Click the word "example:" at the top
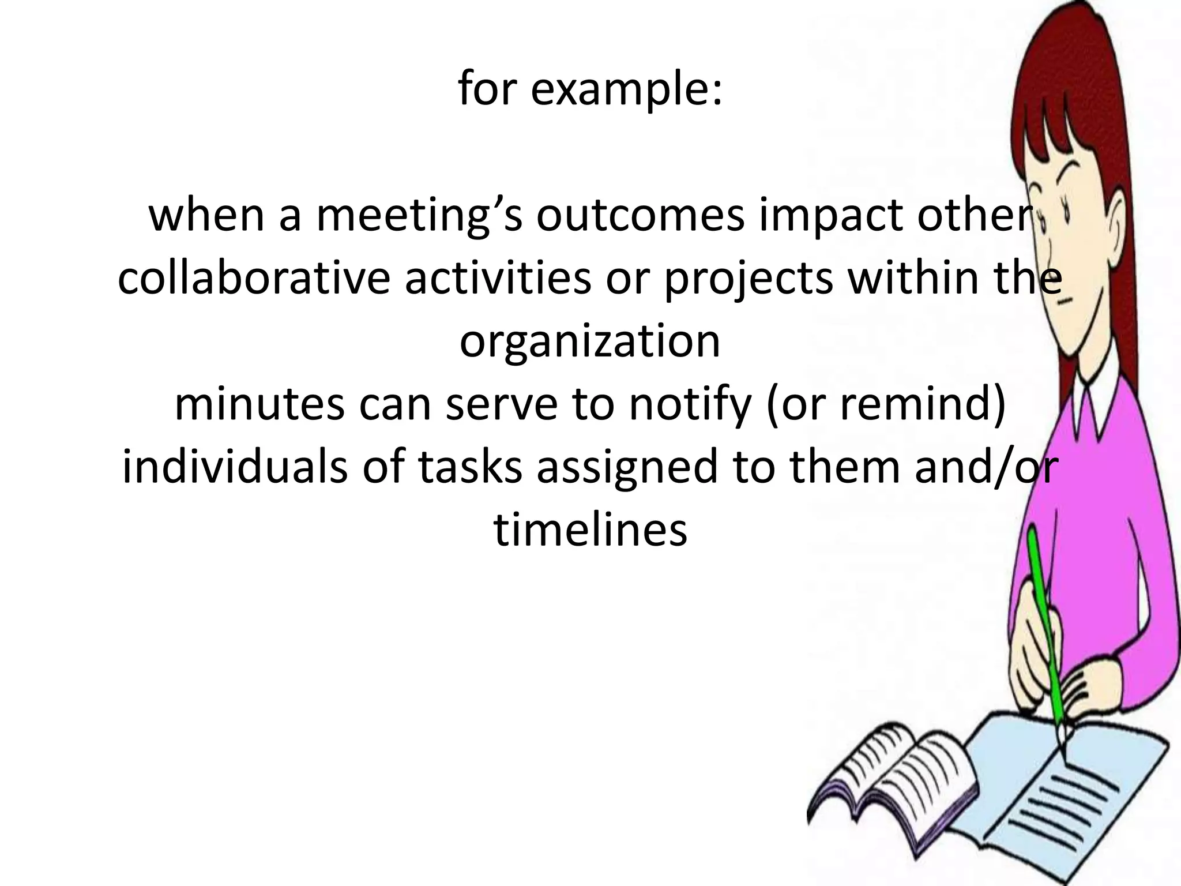click(626, 91)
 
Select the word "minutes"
click(259, 404)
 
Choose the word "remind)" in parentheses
click(923, 404)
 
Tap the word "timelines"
click(590, 529)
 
